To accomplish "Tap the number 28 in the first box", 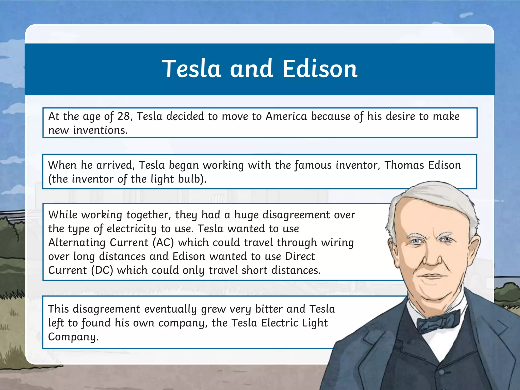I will click(x=124, y=116).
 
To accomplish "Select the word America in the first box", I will click(x=286, y=116).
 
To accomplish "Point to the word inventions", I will click(x=100, y=130).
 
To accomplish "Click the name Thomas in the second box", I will click(x=404, y=165).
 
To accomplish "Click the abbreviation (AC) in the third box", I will click(x=163, y=242).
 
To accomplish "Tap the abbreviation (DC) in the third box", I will click(x=102, y=270).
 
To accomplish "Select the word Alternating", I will click(x=77, y=242).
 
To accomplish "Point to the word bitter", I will click(x=269, y=309).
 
